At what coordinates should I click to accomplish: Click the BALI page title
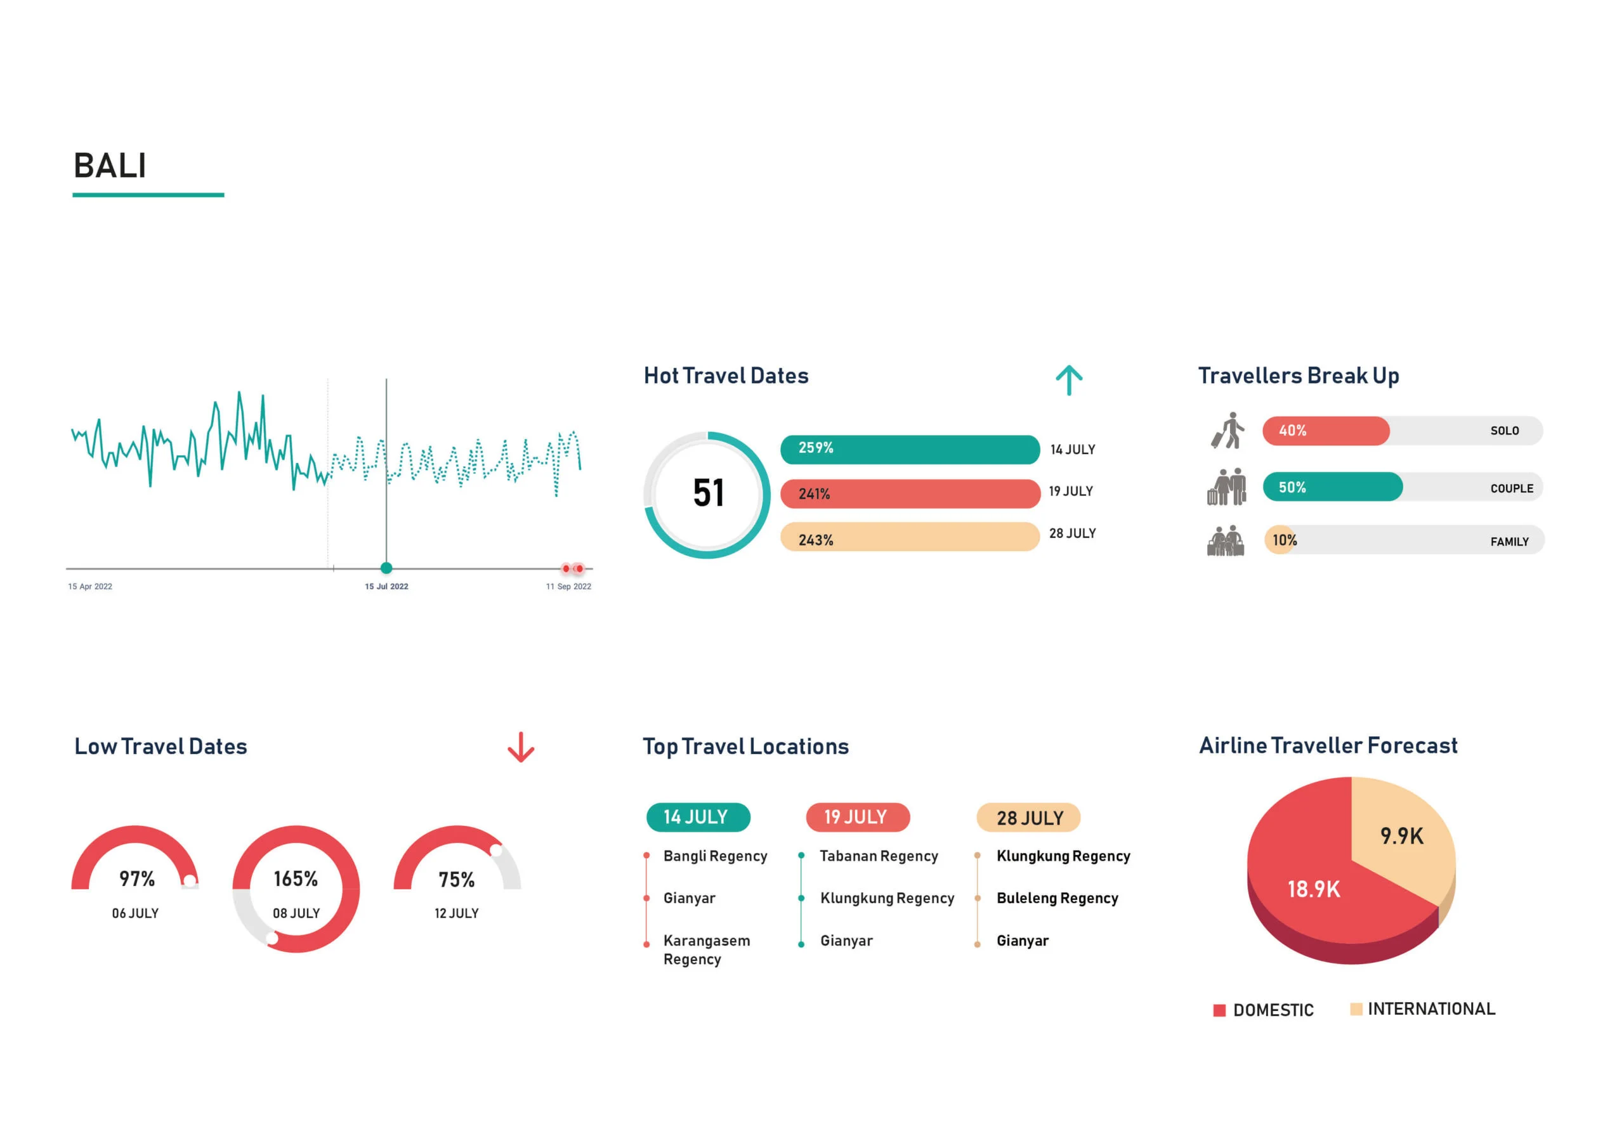pyautogui.click(x=110, y=166)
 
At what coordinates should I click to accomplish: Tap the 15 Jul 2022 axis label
pyautogui.click(x=386, y=587)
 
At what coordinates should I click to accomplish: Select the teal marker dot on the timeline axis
pyautogui.click(x=386, y=568)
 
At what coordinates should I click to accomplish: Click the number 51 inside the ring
pyautogui.click(x=708, y=493)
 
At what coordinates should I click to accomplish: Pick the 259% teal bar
pyautogui.click(x=910, y=449)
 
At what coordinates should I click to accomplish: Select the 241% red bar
pyautogui.click(x=910, y=493)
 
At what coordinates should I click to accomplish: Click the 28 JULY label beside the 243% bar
pyautogui.click(x=1072, y=533)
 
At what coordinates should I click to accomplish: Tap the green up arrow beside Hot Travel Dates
pyautogui.click(x=1069, y=380)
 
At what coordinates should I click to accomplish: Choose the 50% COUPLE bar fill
pyautogui.click(x=1332, y=487)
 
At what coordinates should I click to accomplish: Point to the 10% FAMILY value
pyautogui.click(x=1284, y=540)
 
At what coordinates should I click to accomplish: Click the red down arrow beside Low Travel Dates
pyautogui.click(x=521, y=748)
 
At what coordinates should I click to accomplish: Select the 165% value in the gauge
pyautogui.click(x=296, y=878)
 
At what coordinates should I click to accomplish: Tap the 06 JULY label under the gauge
pyautogui.click(x=135, y=913)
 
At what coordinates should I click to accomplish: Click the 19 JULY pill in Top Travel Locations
pyautogui.click(x=857, y=817)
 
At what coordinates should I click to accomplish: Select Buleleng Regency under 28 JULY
pyautogui.click(x=1057, y=898)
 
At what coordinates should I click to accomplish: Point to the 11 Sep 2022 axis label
pyautogui.click(x=568, y=587)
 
